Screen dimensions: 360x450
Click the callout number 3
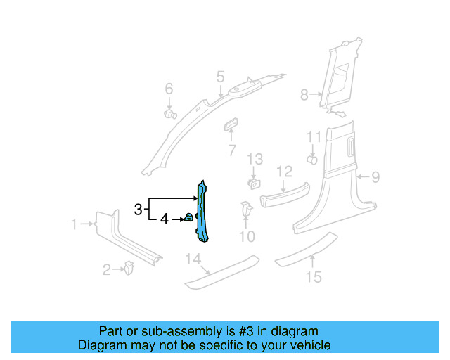pos(139,209)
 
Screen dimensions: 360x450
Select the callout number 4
pos(165,219)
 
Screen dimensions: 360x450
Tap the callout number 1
pos(74,224)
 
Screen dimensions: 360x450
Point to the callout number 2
pos(107,269)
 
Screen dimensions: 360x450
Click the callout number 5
pos(220,76)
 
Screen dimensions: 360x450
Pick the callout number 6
pos(169,89)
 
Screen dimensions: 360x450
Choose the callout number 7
pos(231,150)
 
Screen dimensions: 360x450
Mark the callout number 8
pos(304,94)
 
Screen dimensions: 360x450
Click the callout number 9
pos(375,177)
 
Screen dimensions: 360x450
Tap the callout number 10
pos(246,236)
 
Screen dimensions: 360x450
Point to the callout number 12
pos(283,172)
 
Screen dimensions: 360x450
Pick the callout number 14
pos(193,260)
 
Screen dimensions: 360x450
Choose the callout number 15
pos(314,276)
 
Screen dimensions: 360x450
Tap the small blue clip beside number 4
pos(189,219)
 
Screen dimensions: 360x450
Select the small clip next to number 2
pos(129,267)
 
